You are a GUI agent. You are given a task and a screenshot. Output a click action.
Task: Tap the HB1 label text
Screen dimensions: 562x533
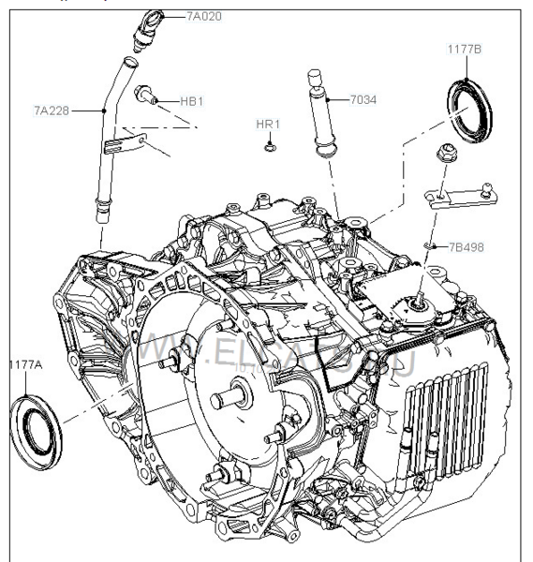click(x=191, y=99)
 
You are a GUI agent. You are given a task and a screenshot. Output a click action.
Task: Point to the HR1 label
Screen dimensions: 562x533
click(x=269, y=124)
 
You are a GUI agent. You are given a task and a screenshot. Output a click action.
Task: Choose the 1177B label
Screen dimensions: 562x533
click(x=463, y=49)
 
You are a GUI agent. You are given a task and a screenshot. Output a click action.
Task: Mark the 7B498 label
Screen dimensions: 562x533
click(x=466, y=247)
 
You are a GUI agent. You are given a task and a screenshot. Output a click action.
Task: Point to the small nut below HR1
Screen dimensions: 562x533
click(x=270, y=145)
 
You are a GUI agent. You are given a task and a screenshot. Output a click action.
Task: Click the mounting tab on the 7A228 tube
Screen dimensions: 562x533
click(x=126, y=143)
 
